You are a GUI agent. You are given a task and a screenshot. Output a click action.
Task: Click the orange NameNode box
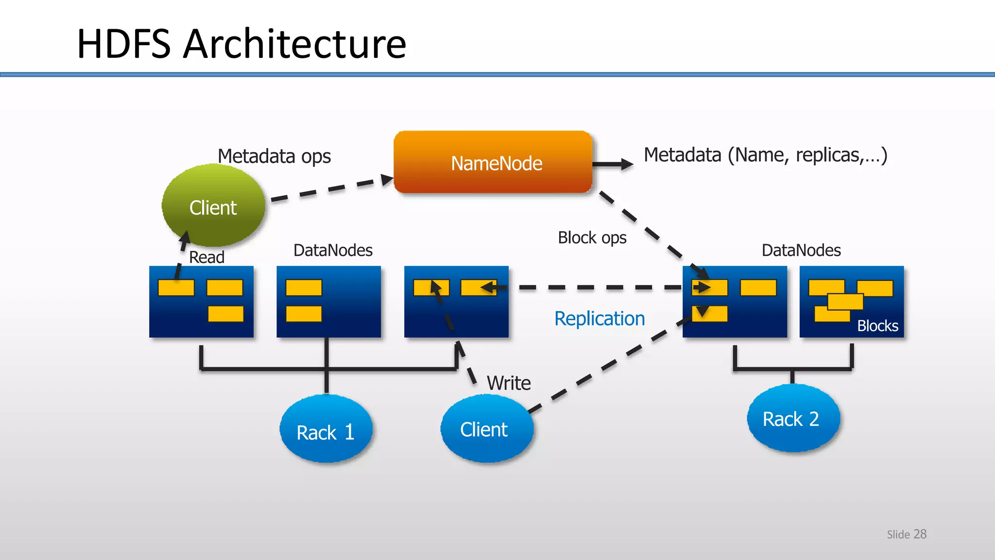coord(493,162)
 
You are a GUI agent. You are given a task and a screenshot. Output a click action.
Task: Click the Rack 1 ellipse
coord(326,430)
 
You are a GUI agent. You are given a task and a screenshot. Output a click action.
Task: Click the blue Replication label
coord(600,319)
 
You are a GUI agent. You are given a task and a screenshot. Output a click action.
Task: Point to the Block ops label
coord(592,238)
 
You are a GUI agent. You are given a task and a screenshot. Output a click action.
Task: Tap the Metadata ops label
coord(274,157)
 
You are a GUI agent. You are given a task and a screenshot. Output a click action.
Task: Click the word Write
coord(509,383)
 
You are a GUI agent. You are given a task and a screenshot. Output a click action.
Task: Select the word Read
coord(206,257)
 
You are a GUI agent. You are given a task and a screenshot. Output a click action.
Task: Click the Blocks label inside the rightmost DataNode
coord(877,326)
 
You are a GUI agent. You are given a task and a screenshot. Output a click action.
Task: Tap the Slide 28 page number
coord(907,534)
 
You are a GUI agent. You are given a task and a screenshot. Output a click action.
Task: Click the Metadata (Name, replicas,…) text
coord(765,155)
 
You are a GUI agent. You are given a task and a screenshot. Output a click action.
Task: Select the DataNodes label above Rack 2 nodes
coord(801,250)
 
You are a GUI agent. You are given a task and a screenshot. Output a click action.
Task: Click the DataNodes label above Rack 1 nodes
coord(333,250)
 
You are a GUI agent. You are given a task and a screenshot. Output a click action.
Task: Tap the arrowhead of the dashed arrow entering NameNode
coord(387,179)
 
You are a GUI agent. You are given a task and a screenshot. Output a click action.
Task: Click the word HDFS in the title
coord(124,44)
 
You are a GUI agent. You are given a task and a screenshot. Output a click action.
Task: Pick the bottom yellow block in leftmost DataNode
coord(225,314)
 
